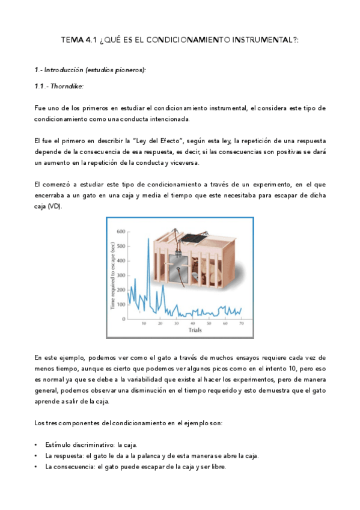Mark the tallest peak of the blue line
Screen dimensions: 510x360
(x=148, y=239)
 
